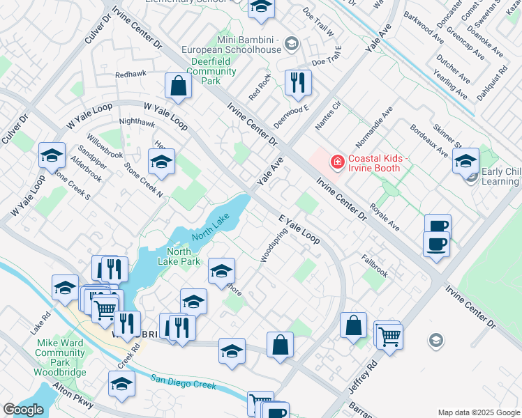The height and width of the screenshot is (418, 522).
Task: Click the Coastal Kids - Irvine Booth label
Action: [x=374, y=162]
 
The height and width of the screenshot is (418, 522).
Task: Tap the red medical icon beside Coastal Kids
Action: [x=338, y=162]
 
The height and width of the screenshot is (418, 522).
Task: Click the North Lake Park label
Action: [x=184, y=256]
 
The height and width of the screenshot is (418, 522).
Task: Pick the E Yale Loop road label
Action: [x=299, y=229]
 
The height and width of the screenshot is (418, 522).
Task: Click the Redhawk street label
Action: [x=131, y=74]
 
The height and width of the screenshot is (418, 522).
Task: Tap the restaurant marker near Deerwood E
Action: [x=298, y=82]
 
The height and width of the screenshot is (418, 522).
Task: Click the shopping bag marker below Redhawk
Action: [x=179, y=86]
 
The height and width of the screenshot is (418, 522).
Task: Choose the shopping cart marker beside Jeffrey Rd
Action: [x=389, y=336]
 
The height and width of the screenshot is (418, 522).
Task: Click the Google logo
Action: [x=23, y=410]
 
